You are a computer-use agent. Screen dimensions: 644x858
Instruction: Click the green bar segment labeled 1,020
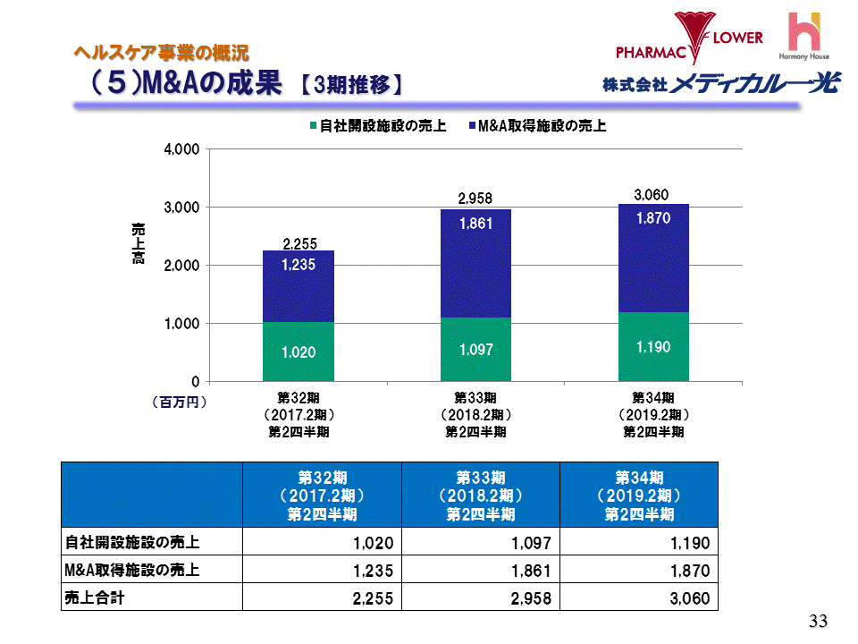(298, 352)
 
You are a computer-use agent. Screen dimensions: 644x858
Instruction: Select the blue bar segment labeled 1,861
(475, 263)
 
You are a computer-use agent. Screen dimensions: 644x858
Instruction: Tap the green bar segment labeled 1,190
(653, 346)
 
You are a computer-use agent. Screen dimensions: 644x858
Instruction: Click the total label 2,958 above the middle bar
(475, 198)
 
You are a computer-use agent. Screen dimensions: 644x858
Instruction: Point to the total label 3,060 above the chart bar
(652, 194)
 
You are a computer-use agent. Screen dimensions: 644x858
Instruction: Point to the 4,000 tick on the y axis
(181, 149)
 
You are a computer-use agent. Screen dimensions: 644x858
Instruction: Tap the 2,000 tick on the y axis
(181, 266)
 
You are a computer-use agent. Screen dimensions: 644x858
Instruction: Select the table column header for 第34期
(639, 495)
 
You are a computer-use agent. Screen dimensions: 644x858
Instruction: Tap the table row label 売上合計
(94, 598)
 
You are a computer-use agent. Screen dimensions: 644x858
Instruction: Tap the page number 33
(818, 622)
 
